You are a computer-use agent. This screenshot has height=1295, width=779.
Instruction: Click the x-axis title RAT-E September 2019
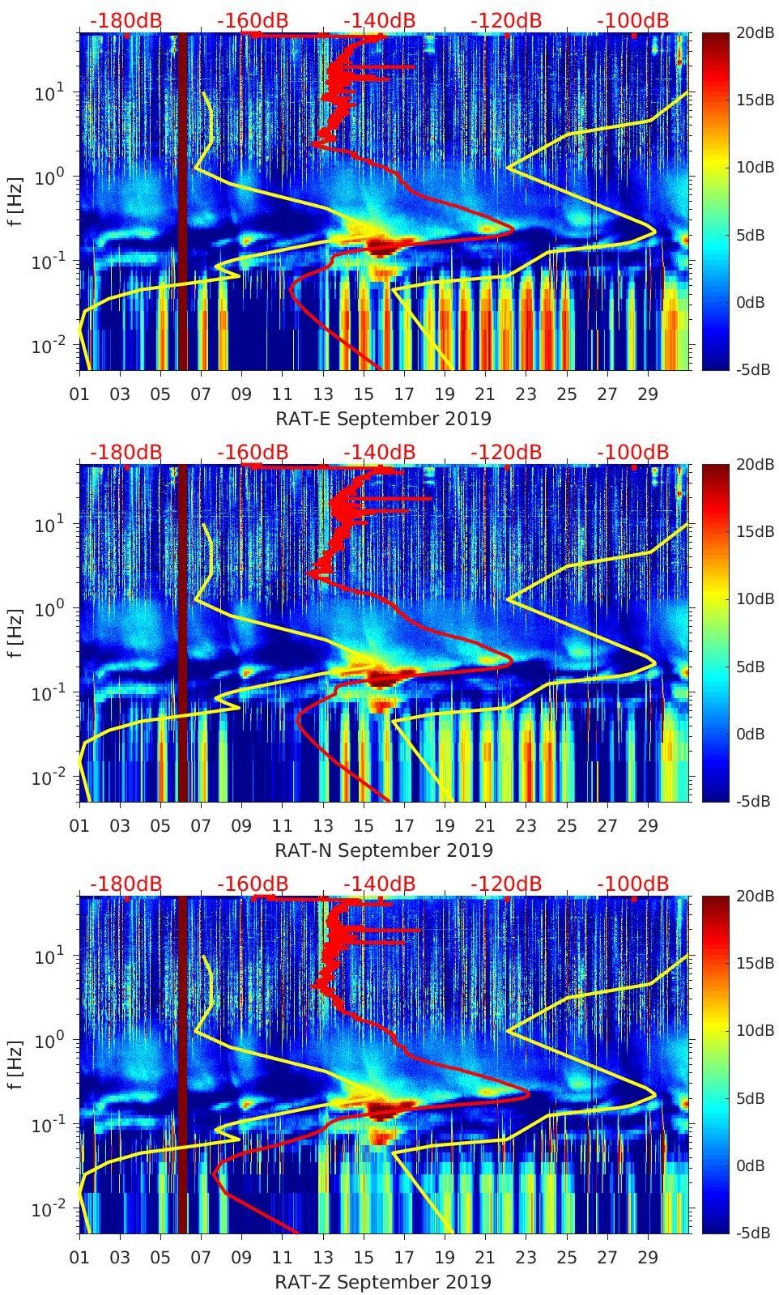(383, 419)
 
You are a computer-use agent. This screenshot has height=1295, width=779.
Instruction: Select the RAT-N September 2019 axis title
(383, 850)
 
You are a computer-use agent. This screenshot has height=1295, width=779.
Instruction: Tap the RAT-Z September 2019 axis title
(383, 1282)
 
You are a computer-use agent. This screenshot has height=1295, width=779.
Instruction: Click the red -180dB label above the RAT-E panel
(126, 20)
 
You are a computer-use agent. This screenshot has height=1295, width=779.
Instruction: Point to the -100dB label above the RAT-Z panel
(632, 884)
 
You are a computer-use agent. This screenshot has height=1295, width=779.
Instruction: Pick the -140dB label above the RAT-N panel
(379, 452)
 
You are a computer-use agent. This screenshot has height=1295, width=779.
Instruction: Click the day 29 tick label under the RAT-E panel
(648, 394)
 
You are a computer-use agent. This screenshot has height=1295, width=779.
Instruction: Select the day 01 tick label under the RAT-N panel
(79, 825)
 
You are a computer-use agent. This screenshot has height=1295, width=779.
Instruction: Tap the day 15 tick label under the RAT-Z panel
(364, 1257)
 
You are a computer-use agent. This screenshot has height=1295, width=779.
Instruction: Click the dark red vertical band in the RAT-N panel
(182, 632)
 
